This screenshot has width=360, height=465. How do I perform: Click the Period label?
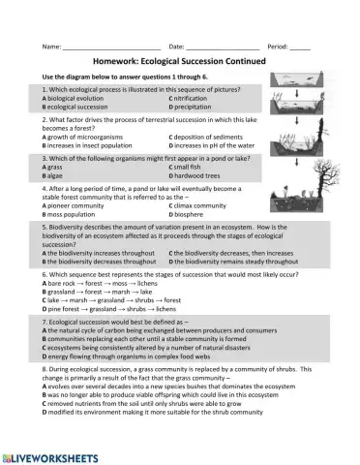click(x=277, y=46)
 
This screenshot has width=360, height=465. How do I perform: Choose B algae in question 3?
click(x=56, y=174)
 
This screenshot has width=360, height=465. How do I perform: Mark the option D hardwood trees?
click(x=201, y=174)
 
